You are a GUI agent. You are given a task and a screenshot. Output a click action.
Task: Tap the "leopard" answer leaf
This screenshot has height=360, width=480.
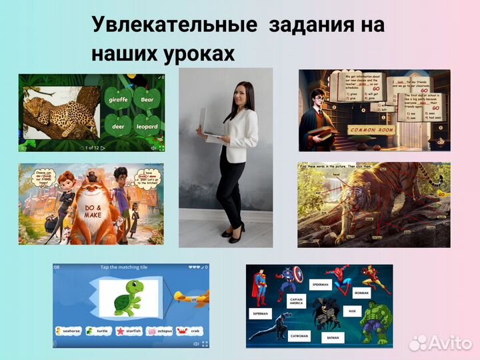(147, 126)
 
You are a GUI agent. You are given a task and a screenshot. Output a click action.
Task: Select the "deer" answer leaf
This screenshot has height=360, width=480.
(119, 126)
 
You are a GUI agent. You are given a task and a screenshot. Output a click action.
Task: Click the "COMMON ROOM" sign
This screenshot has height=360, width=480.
(373, 129)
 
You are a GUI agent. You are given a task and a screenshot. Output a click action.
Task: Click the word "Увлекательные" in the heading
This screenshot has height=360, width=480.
(174, 25)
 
